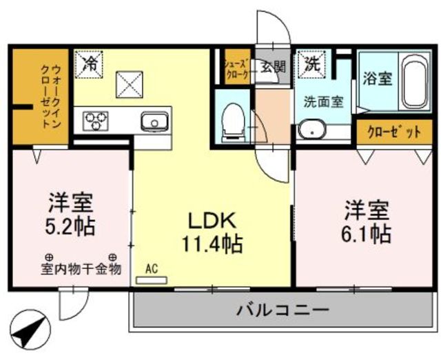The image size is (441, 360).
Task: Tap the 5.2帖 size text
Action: [71, 226]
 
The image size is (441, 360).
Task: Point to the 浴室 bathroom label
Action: [377, 78]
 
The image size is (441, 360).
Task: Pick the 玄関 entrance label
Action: [273, 67]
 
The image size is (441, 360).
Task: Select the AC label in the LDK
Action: [152, 270]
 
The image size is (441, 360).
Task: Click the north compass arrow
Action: [30, 332]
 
